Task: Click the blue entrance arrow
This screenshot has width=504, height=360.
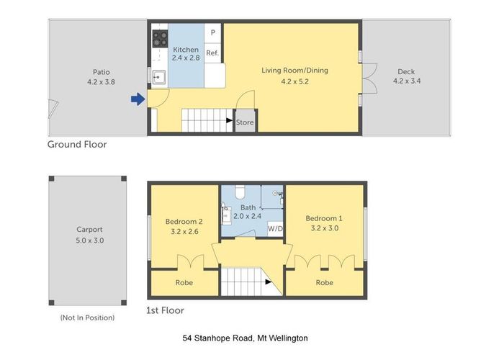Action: (138, 100)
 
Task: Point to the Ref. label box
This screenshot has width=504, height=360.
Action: (212, 53)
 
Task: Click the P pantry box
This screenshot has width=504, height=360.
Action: (212, 33)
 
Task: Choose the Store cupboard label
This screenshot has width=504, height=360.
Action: (246, 122)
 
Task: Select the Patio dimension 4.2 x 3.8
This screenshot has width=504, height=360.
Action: (101, 81)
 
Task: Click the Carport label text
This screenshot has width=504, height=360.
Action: (90, 230)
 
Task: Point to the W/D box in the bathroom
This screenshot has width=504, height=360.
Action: (274, 228)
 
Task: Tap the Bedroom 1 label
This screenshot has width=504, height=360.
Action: (324, 218)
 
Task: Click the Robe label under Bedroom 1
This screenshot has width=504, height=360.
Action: (324, 283)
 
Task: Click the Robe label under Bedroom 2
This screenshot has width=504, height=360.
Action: (184, 283)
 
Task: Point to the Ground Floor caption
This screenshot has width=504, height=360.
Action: (77, 145)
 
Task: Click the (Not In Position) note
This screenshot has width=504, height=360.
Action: (90, 318)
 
